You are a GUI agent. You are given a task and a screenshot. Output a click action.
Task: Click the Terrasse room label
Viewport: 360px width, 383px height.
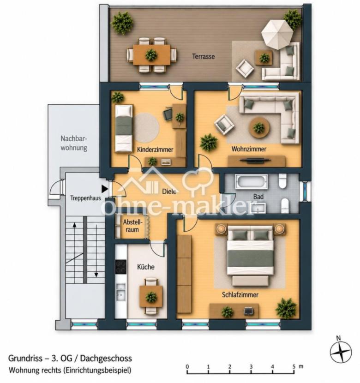click(x=204, y=56)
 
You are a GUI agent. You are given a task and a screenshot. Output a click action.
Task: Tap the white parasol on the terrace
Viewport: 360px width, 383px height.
click(x=277, y=33)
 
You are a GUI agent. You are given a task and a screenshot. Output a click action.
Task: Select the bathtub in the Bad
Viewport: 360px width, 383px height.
click(x=252, y=181)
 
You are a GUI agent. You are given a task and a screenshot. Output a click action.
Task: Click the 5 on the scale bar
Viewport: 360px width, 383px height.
click(x=294, y=367)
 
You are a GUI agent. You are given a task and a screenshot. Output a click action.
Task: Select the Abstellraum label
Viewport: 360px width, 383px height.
click(x=132, y=226)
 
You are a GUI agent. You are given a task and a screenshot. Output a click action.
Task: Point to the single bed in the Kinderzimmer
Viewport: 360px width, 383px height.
click(x=124, y=128)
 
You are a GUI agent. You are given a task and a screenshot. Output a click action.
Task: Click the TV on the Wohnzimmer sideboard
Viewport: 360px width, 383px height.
click(x=255, y=160)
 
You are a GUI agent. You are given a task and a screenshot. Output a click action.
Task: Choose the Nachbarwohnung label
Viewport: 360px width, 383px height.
click(x=74, y=143)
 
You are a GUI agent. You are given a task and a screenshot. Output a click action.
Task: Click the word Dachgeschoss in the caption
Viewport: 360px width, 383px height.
click(x=106, y=359)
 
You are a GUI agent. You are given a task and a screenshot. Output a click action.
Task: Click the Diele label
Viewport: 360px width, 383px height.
click(x=169, y=191)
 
